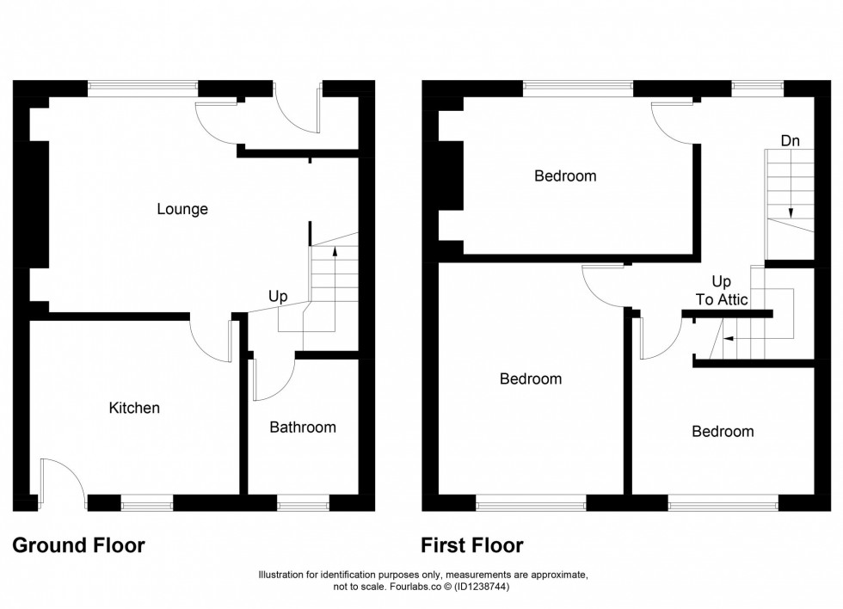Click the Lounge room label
point(182,209)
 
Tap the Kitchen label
point(134,408)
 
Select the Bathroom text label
point(303,427)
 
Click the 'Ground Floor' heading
point(78,545)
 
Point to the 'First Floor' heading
point(472,545)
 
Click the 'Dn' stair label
point(791,140)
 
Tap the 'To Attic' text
point(721,300)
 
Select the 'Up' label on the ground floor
point(277,296)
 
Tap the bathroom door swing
point(272,381)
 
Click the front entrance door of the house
point(298,110)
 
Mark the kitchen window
point(146,505)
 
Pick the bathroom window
point(303,505)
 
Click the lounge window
point(143,87)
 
